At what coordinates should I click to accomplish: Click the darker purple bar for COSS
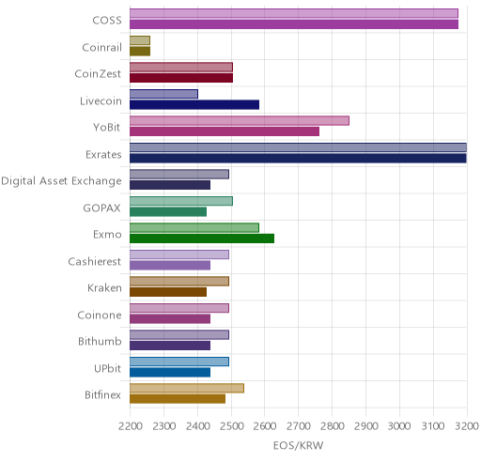(x=294, y=24)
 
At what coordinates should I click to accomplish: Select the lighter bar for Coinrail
(x=140, y=40)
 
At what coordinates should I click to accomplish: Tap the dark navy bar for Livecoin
(x=194, y=105)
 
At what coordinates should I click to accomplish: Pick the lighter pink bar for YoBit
(x=240, y=121)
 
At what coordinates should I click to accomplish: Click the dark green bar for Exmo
(x=202, y=239)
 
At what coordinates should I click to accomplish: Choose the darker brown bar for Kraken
(x=168, y=292)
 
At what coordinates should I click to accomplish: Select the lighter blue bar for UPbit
(x=179, y=362)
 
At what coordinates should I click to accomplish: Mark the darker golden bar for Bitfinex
(x=178, y=399)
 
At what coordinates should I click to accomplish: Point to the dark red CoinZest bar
(x=181, y=78)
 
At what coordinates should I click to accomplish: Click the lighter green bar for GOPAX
(x=181, y=201)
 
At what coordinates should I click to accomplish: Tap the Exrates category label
(x=103, y=155)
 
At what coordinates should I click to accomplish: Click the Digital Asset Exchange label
(x=61, y=181)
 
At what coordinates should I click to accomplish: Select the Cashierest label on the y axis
(x=95, y=261)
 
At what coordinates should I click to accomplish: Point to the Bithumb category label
(x=100, y=341)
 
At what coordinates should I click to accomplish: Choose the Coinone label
(x=100, y=315)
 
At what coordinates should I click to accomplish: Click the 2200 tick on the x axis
(x=131, y=426)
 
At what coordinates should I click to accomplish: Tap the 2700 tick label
(x=299, y=426)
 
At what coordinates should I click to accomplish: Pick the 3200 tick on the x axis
(x=467, y=426)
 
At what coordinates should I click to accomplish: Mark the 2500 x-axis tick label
(x=231, y=426)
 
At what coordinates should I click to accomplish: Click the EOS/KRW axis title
(x=299, y=445)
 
